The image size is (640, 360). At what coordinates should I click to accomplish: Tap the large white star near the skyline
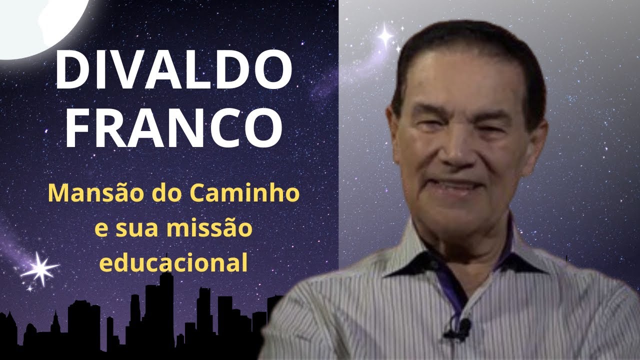click(40, 269)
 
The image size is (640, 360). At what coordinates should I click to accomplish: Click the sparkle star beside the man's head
click(385, 35)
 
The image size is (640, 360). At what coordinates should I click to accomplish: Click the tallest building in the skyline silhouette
click(165, 310)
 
